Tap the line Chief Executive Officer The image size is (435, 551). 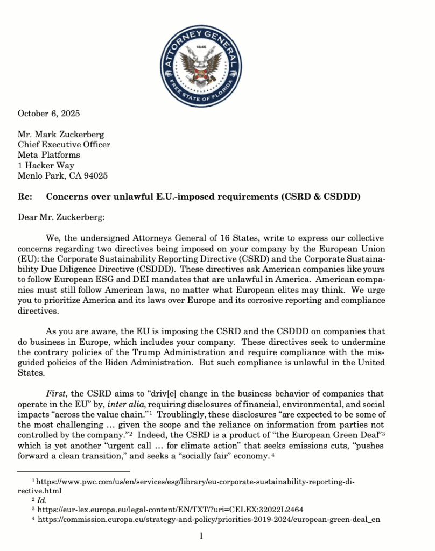pos(64,145)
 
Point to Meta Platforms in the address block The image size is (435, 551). pos(48,155)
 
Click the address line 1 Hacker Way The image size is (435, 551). pos(46,165)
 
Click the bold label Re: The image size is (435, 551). pos(24,196)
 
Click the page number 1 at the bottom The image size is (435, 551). pos(201,536)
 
